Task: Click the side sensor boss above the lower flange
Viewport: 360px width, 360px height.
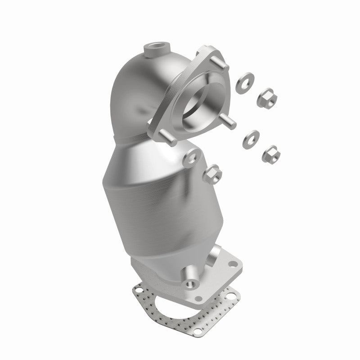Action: click(216, 253)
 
